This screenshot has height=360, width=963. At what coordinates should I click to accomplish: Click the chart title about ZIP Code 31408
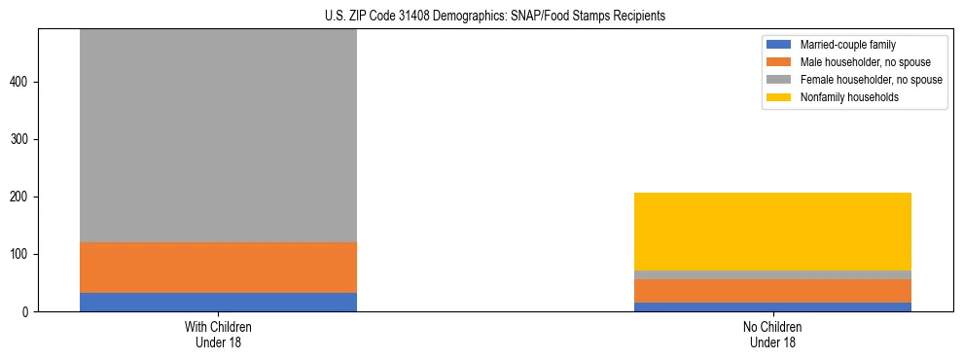[x=481, y=16]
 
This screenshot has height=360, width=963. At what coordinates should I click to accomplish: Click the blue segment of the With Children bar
[x=218, y=302]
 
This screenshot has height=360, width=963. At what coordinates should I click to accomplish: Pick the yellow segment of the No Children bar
[x=772, y=232]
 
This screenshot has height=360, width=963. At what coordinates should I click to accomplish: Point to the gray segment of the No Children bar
[x=772, y=274]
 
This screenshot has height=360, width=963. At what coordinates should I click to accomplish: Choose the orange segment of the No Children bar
[x=772, y=291]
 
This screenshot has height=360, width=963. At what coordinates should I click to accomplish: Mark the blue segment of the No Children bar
[x=772, y=306]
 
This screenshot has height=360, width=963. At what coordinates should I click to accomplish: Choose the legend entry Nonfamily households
[x=843, y=97]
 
